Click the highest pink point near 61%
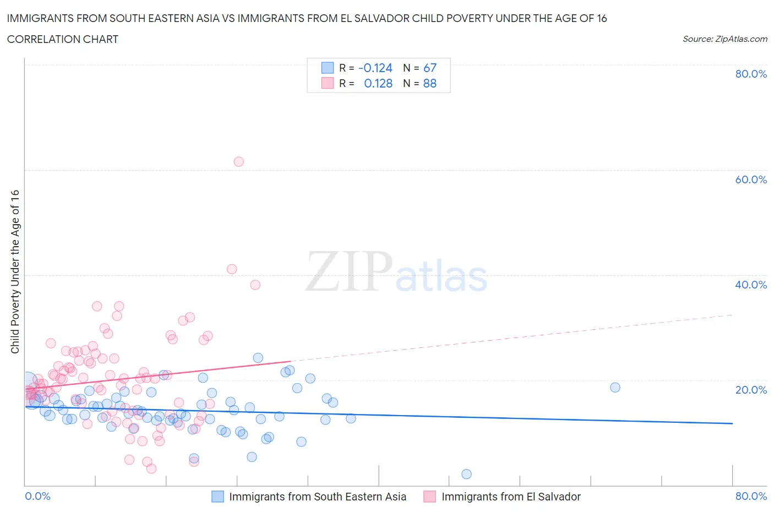pos(238,162)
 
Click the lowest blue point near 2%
pos(466,474)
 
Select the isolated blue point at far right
pos(615,387)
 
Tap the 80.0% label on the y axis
pos(751,74)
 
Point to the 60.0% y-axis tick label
pos(751,179)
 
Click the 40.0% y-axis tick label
pos(751,285)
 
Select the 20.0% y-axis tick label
pos(751,390)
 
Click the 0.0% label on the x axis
pos(38,497)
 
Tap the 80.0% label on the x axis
pos(751,497)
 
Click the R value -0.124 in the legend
pos(375,68)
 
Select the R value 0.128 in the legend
pos(378,84)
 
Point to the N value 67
pos(429,68)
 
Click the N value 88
pos(429,84)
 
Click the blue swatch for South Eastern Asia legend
pos(218,497)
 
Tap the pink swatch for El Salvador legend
pos(430,497)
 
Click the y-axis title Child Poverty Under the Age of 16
pos(15,271)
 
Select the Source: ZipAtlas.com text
pos(724,39)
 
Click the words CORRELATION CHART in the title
pos(63,39)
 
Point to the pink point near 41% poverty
pos(232,269)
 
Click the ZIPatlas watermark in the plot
pos(396,272)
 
